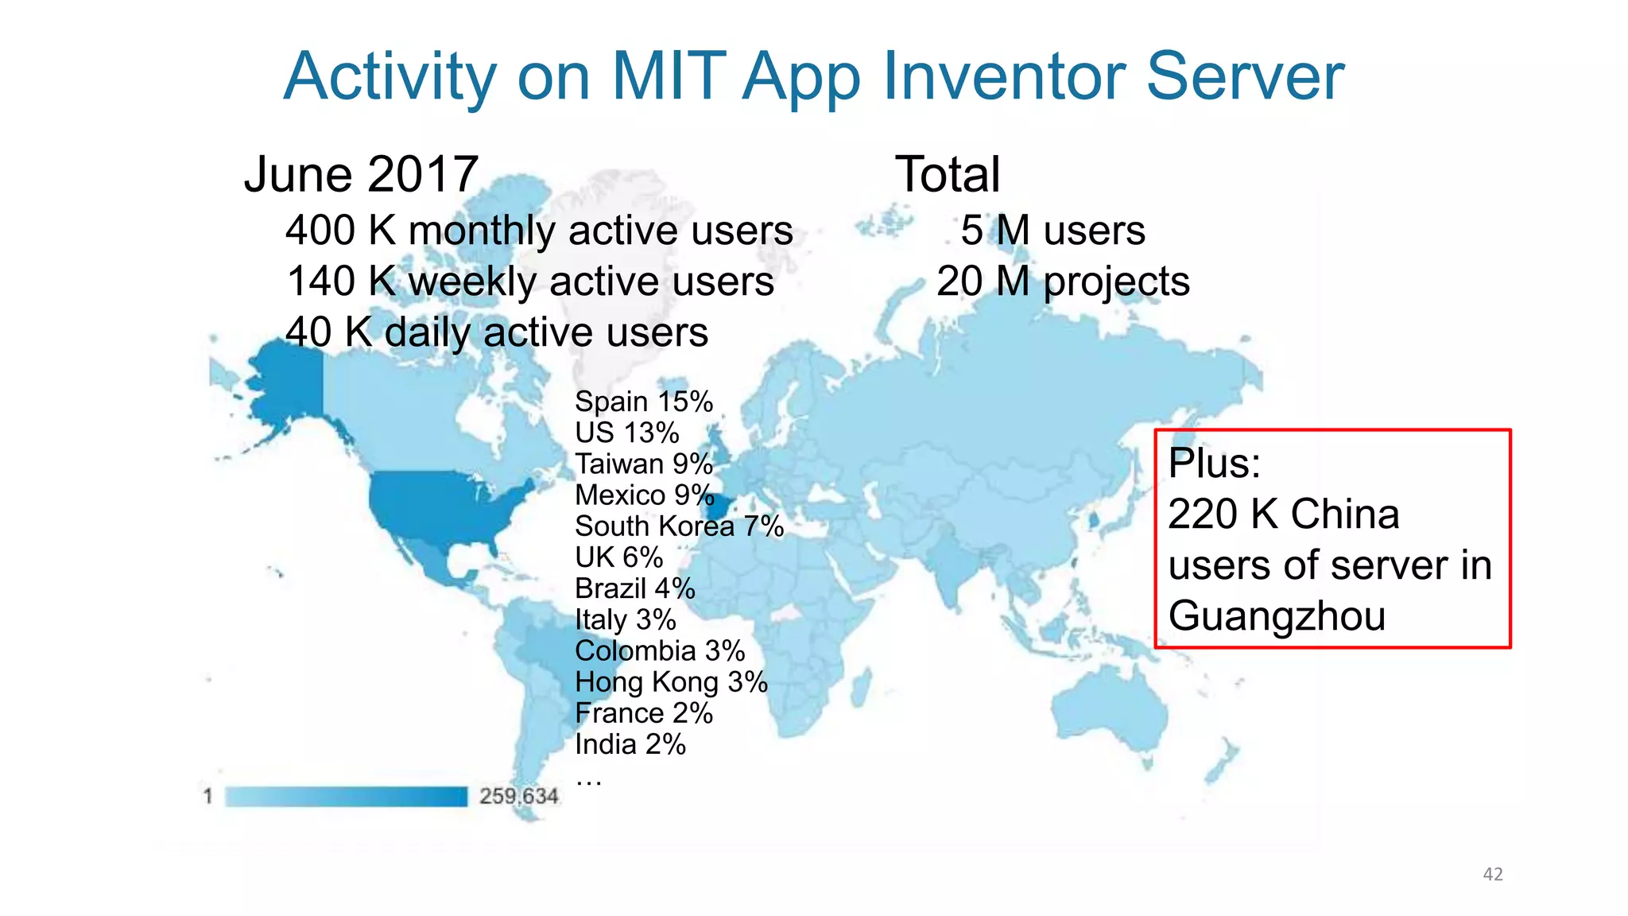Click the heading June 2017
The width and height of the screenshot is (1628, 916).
[361, 175]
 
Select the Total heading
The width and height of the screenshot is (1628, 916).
[947, 175]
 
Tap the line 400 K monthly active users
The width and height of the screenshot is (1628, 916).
[539, 231]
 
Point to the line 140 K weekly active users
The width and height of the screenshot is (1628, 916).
[530, 281]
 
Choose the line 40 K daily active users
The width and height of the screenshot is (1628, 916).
[497, 332]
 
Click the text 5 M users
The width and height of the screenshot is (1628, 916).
[1052, 231]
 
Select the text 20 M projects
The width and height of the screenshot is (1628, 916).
[1063, 281]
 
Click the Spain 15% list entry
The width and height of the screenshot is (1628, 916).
[643, 402]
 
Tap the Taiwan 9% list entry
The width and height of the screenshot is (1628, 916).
[643, 464]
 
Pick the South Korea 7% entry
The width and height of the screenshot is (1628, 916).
[679, 526]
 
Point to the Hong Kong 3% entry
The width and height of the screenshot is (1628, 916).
[671, 682]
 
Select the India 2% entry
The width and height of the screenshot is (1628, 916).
[630, 744]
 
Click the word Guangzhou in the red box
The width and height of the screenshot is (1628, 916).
[1277, 616]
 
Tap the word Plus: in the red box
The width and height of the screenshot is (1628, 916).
[1214, 464]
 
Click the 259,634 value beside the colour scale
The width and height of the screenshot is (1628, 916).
[518, 796]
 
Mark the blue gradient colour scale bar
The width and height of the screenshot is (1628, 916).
[346, 796]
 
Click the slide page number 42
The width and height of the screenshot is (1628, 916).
[1493, 874]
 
